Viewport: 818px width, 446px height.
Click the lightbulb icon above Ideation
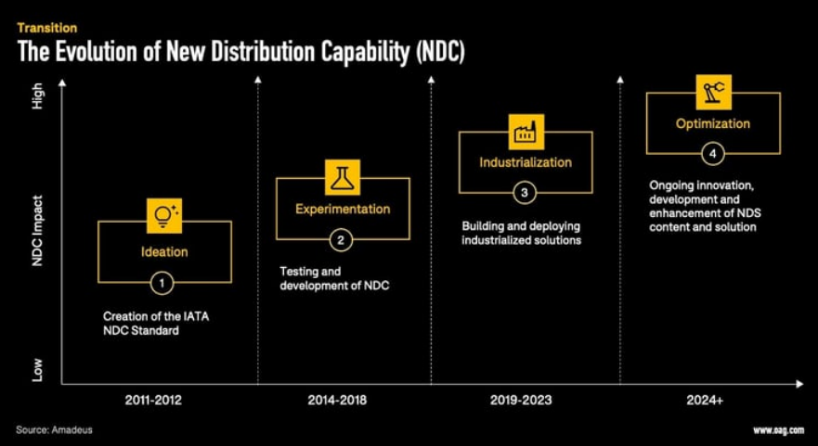(164, 215)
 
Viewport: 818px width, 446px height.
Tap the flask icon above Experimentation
(343, 177)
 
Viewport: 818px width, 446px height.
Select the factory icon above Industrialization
(526, 132)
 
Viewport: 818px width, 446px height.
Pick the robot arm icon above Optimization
(714, 92)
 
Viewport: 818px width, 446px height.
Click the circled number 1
(162, 283)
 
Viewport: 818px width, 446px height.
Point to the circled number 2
(341, 240)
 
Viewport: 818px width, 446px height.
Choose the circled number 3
(525, 193)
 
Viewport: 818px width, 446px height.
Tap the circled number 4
(712, 154)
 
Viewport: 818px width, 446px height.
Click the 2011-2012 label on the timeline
(154, 401)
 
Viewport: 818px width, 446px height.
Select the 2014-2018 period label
(337, 401)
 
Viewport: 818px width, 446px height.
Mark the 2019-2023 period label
(521, 401)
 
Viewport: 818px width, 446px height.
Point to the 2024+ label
(706, 401)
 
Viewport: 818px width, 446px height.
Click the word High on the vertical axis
(37, 96)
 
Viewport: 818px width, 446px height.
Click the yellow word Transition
(47, 28)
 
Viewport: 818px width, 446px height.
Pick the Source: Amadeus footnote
(54, 430)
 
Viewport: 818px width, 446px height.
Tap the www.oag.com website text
(778, 430)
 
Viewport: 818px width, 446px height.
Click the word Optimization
(713, 124)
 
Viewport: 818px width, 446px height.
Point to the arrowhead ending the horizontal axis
(799, 385)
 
